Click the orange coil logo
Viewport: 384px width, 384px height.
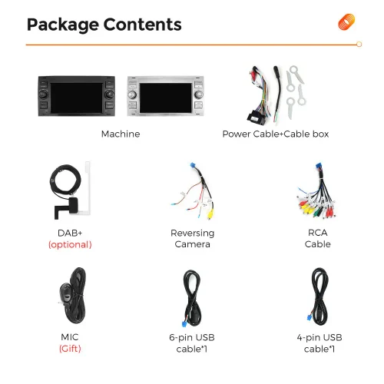[346, 22]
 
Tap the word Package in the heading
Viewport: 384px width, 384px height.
[63, 25]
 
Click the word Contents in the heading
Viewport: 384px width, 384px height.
[142, 25]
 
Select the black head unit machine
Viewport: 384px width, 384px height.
[77, 96]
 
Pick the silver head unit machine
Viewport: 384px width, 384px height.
[166, 96]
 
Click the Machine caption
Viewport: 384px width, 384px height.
[121, 134]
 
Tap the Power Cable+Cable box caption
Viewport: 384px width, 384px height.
[276, 134]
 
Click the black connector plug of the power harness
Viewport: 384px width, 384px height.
[256, 118]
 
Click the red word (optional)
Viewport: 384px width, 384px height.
[70, 245]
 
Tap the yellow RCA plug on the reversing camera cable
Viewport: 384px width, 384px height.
[211, 214]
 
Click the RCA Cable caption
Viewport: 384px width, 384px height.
[318, 238]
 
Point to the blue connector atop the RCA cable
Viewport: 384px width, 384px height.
[319, 166]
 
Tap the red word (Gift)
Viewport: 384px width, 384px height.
[70, 349]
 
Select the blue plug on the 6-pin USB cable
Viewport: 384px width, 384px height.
[184, 324]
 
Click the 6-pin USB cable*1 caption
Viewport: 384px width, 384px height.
[192, 343]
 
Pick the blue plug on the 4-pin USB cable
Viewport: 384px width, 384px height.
[310, 317]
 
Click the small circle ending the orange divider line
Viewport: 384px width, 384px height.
[359, 45]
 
